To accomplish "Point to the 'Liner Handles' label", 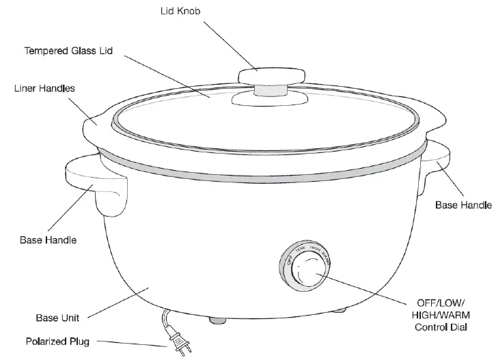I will pyautogui.click(x=44, y=89).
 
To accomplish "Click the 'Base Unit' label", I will pyautogui.click(x=57, y=318).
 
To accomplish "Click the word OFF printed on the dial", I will pyautogui.click(x=289, y=260).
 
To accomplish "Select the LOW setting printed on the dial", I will pyautogui.click(x=299, y=249).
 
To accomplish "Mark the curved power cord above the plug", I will pyautogui.click(x=167, y=320).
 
